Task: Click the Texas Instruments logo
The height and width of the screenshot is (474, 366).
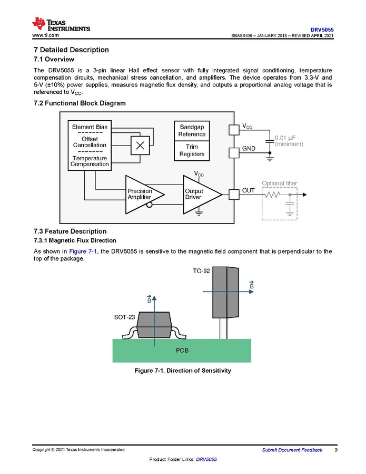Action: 61,24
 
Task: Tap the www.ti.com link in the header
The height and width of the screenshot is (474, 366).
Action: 46,35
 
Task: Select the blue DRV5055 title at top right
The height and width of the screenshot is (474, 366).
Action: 322,30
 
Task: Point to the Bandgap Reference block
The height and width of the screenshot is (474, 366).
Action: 192,130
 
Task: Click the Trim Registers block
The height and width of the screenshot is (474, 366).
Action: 192,150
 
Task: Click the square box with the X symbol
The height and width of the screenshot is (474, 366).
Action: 141,146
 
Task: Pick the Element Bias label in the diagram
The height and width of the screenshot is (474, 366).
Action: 90,127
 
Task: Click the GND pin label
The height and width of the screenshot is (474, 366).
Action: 249,149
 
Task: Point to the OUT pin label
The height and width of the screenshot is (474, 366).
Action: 248,190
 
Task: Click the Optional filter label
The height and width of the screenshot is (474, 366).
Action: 280,183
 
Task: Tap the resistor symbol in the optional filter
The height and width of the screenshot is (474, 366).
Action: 272,195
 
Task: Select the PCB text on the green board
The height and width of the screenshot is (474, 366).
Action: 182,350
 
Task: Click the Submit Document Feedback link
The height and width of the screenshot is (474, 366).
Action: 292,450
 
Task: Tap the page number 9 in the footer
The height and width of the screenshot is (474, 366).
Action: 336,450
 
